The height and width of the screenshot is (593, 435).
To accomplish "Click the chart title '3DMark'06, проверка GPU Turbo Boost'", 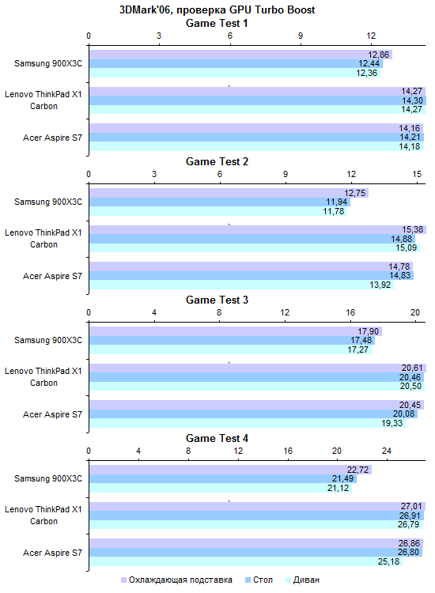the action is [217, 9].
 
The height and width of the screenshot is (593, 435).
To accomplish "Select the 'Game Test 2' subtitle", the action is [217, 161].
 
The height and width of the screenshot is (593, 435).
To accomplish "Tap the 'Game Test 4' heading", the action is [217, 438].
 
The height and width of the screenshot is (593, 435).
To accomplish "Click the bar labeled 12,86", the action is [241, 55].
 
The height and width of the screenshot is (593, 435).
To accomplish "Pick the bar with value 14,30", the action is [258, 100].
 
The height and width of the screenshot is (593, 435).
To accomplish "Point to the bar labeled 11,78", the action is [218, 211].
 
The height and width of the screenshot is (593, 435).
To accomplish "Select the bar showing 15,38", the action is [258, 229].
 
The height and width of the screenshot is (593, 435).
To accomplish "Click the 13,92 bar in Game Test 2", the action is [242, 285].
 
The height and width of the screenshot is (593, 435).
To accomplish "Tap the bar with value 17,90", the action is [236, 331].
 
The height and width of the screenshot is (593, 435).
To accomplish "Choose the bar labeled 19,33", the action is [248, 423].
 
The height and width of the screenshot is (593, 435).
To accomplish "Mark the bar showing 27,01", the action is [258, 506].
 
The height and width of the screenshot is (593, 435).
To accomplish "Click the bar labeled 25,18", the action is [246, 561].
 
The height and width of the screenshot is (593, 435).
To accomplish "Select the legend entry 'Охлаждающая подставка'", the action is [176, 580].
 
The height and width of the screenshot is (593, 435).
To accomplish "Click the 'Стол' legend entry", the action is [259, 580].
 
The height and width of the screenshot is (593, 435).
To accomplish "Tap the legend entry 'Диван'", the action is [303, 580].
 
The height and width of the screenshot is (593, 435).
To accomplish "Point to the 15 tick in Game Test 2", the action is [417, 174].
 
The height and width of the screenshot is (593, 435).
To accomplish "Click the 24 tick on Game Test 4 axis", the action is [387, 451].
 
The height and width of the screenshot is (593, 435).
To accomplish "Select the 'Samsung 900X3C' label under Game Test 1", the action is [48, 63].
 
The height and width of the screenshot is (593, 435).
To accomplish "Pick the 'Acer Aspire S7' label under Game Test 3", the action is [52, 414].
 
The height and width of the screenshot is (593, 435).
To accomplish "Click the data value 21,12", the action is [339, 488].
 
